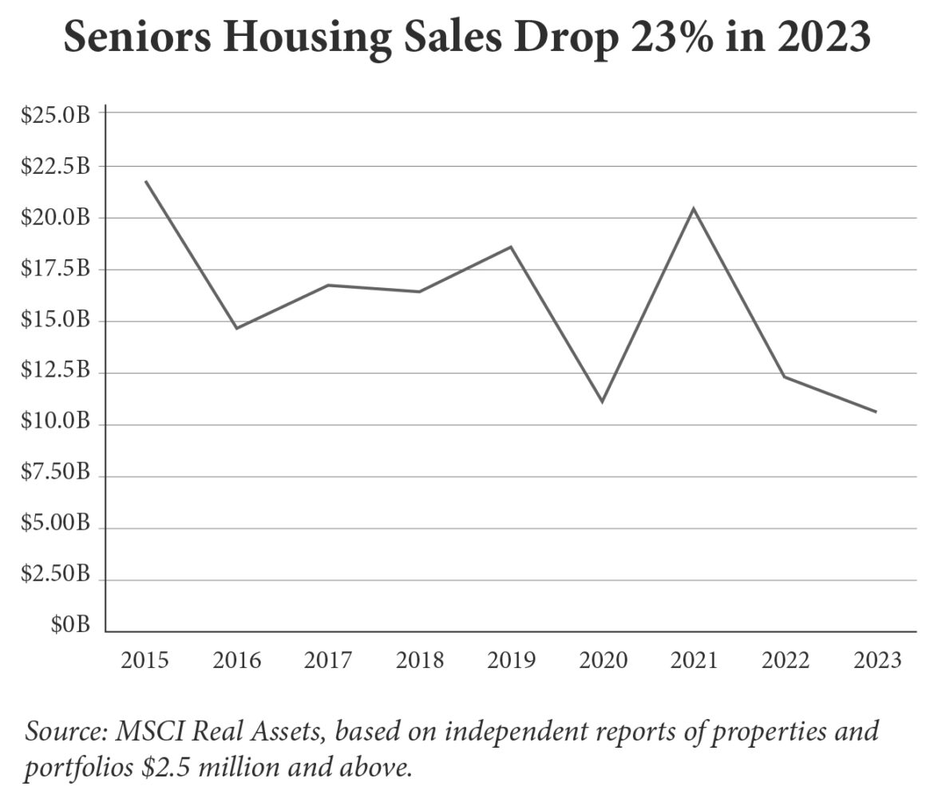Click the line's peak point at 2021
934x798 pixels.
[694, 209]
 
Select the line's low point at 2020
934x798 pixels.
[602, 401]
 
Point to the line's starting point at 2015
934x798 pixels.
[145, 181]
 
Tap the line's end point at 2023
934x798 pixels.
[877, 412]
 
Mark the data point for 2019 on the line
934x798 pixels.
[511, 247]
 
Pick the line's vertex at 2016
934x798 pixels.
[237, 328]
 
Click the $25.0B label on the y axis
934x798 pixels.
[55, 114]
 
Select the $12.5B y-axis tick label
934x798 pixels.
[55, 373]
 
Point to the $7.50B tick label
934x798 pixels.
[55, 476]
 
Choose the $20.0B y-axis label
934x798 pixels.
[55, 217]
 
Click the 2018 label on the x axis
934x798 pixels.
[420, 661]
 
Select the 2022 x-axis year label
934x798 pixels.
[785, 661]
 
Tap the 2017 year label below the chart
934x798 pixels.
[328, 661]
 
